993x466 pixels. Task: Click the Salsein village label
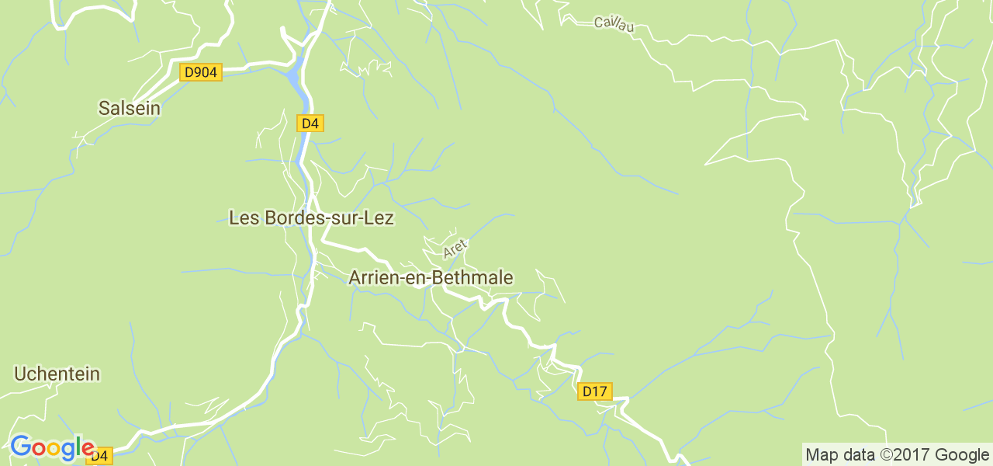click(x=130, y=109)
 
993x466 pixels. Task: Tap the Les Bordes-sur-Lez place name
click(x=311, y=218)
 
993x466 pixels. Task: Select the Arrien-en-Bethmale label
click(x=431, y=277)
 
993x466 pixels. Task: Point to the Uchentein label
click(x=57, y=374)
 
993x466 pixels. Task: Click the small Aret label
click(x=455, y=249)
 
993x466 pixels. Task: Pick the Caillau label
click(x=614, y=24)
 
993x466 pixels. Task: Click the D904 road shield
click(x=201, y=72)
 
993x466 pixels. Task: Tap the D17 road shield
click(x=595, y=391)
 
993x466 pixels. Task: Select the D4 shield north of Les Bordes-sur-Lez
click(x=310, y=123)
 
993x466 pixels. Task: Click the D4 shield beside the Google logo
click(x=99, y=455)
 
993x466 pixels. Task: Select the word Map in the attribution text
click(x=821, y=455)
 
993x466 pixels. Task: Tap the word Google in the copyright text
click(x=963, y=455)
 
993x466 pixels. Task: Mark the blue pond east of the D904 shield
click(x=292, y=76)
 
